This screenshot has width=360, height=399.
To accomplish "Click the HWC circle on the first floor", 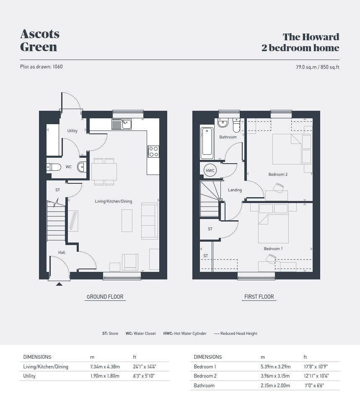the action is (210, 170).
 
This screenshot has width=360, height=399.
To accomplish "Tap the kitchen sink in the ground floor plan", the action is (122, 124).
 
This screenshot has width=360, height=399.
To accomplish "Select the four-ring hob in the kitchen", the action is (153, 151).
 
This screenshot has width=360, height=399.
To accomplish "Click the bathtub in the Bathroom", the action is (207, 143).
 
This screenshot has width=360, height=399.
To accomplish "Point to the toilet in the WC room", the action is (54, 167).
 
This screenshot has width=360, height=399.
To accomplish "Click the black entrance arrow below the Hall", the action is (59, 284).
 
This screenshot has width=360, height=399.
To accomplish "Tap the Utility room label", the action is (72, 131).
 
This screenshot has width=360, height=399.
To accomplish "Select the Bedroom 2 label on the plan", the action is (278, 174).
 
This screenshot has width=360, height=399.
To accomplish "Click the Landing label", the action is (235, 190).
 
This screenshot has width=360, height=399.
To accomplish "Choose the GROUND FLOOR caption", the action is (105, 297).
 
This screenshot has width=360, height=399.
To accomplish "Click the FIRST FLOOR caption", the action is (259, 297).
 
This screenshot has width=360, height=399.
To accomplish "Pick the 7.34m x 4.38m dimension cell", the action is (105, 367).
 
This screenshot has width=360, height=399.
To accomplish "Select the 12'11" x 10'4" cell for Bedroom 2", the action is (316, 376).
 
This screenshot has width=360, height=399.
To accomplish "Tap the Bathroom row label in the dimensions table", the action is (204, 386).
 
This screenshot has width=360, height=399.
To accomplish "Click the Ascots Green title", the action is (40, 40).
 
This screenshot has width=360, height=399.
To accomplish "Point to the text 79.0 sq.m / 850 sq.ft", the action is (318, 67).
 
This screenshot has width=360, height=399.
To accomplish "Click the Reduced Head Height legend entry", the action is (236, 334).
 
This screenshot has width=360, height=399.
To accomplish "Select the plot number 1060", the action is (58, 67).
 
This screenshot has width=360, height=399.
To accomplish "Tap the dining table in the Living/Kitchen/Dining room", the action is (104, 172).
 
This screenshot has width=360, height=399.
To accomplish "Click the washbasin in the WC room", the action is (82, 167).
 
